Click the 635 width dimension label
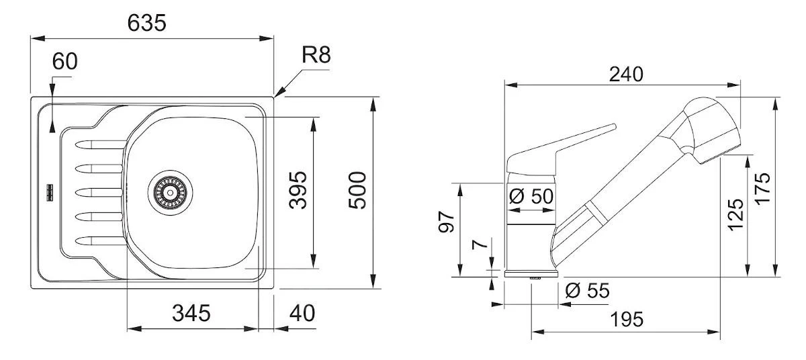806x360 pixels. click(x=146, y=23)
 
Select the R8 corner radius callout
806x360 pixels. click(x=316, y=55)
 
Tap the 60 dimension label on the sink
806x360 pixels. click(x=64, y=61)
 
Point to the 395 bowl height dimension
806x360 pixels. click(x=298, y=190)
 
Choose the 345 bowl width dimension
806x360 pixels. click(x=191, y=312)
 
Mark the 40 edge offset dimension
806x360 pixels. click(x=302, y=312)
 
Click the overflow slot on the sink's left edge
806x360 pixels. click(x=49, y=192)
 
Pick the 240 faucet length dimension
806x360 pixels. click(x=625, y=74)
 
